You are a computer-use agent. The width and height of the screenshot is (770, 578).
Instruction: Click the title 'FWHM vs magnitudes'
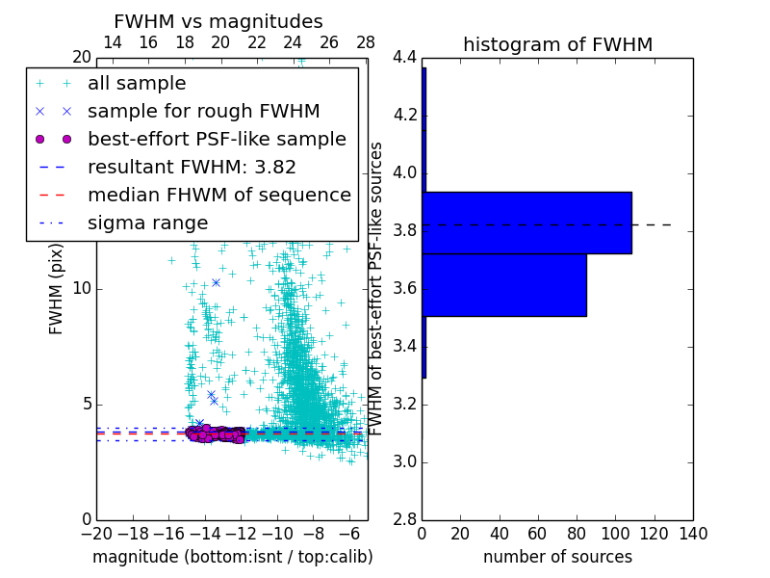218,21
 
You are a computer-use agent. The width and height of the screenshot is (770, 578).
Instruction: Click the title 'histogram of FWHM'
557,44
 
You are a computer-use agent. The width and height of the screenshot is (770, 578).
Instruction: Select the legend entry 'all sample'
137,84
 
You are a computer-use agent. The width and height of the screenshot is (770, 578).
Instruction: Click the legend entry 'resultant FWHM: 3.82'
192,168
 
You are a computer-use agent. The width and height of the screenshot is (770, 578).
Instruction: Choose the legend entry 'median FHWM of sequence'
218,196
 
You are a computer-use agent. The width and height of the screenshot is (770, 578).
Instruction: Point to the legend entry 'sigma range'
147,223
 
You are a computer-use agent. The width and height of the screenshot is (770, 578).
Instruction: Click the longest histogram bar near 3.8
526,223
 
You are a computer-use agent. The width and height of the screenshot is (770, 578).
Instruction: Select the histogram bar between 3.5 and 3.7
504,284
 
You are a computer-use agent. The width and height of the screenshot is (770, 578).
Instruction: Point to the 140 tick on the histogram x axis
693,533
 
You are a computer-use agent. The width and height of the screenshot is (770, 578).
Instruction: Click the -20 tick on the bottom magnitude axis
96,533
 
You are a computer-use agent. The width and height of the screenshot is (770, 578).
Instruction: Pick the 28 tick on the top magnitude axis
366,43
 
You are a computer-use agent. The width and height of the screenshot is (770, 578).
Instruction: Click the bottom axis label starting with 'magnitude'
232,557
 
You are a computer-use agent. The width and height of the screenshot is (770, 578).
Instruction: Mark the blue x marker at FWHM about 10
216,282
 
